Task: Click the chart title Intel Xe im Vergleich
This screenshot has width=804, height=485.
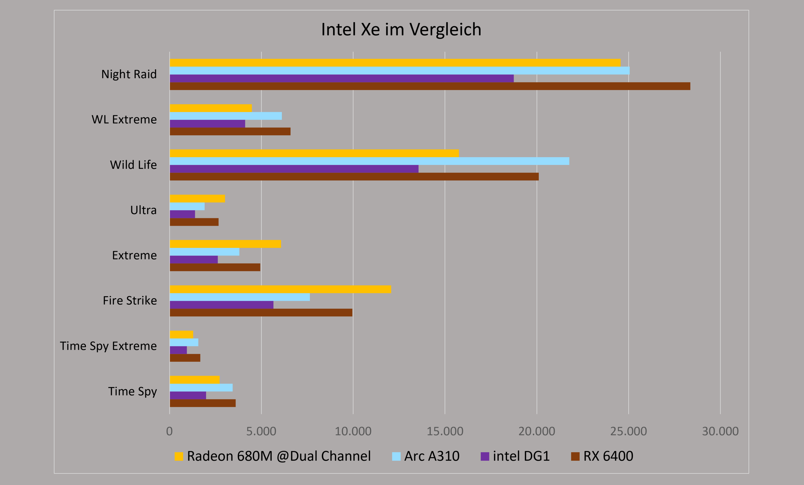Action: click(x=401, y=29)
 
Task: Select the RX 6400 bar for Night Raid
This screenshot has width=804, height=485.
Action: click(x=430, y=86)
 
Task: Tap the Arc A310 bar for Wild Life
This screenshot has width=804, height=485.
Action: click(x=369, y=161)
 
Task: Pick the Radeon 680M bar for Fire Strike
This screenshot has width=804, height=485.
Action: click(x=280, y=289)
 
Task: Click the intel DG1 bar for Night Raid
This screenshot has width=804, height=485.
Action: click(x=342, y=78)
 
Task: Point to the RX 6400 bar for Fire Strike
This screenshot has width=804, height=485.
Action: click(x=261, y=313)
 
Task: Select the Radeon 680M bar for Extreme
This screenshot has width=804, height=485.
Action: click(x=225, y=244)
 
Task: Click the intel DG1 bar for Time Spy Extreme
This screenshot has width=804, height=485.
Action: click(x=178, y=350)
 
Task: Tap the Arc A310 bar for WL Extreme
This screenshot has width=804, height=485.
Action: click(x=226, y=116)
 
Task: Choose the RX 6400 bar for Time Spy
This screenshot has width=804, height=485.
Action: click(x=203, y=403)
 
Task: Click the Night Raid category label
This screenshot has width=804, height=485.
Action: click(x=129, y=74)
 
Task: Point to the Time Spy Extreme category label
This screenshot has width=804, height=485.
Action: click(x=108, y=346)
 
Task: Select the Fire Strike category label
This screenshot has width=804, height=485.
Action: click(x=130, y=300)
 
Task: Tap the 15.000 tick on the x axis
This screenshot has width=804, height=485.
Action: click(x=445, y=431)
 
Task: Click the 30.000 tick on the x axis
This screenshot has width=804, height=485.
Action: click(x=720, y=431)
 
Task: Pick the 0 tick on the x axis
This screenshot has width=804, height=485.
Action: click(x=169, y=431)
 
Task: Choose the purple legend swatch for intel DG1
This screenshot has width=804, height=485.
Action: click(x=485, y=457)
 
